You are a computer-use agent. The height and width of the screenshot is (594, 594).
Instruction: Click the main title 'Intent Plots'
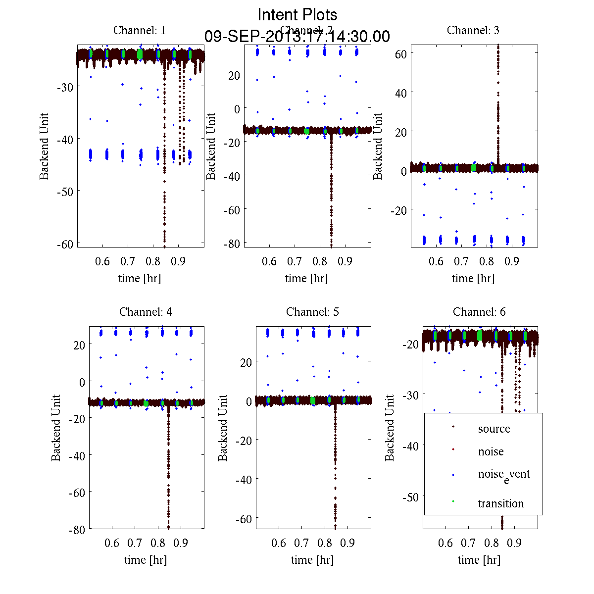[297, 14]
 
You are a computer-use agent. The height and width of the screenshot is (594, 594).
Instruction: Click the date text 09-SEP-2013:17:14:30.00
[297, 37]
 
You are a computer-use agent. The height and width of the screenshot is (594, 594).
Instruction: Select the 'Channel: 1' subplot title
[140, 30]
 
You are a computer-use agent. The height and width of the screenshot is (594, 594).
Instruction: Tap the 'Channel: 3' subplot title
[473, 30]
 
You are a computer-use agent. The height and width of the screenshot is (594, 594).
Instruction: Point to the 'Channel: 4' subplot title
[146, 312]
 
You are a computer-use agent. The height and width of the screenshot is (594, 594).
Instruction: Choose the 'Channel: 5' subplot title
[312, 312]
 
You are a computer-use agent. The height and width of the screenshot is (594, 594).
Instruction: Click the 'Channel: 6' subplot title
[479, 312]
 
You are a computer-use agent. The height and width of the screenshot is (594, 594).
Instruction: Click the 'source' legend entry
[494, 429]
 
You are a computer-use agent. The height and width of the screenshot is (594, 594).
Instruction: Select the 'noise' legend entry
[491, 451]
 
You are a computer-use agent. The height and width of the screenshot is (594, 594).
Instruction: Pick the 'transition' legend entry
[500, 503]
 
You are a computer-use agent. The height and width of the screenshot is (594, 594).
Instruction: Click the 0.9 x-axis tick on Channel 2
[345, 261]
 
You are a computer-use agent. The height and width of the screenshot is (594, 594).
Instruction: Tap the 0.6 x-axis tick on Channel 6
[445, 543]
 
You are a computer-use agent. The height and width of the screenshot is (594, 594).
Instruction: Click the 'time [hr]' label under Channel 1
[140, 278]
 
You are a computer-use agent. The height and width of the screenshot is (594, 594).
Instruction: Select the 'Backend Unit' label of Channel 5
[223, 428]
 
